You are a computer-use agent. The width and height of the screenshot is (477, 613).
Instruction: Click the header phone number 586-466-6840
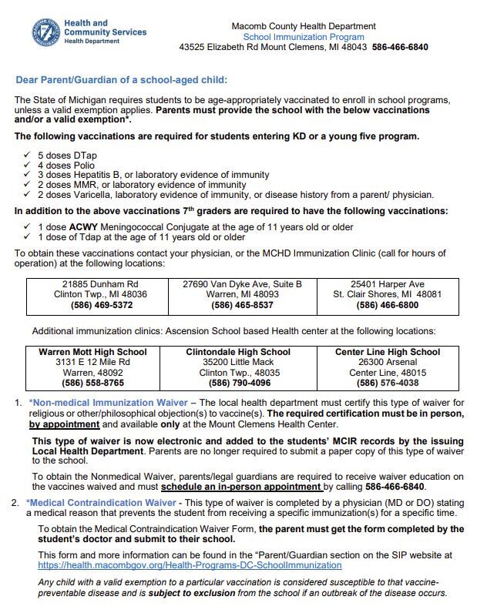click(x=401, y=47)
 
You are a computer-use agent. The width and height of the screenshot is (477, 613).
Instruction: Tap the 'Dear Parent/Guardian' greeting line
click(x=122, y=80)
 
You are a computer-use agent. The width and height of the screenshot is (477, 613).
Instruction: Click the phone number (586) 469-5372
click(x=100, y=305)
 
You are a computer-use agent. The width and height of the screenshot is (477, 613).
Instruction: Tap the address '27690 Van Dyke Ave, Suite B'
click(x=242, y=284)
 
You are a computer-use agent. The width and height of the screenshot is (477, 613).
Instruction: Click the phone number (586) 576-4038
click(x=387, y=383)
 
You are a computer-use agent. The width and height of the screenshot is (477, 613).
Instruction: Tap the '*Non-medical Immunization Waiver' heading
click(x=108, y=403)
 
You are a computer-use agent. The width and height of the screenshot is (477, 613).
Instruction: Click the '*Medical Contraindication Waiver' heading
click(x=104, y=503)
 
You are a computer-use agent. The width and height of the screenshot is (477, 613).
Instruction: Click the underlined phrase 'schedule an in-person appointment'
click(x=240, y=487)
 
